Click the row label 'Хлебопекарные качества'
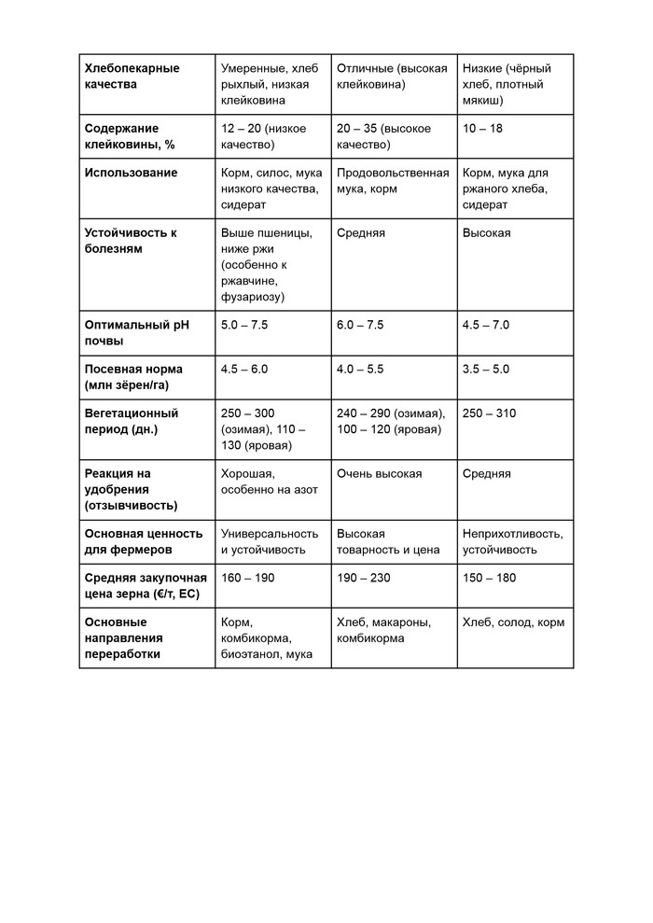[132, 77]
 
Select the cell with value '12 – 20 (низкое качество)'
[263, 136]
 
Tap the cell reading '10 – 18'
[482, 129]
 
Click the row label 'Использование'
[131, 174]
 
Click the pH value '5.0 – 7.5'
[244, 326]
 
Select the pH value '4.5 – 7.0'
[486, 326]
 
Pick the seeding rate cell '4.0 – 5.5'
[360, 370]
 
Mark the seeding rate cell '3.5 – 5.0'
[486, 370]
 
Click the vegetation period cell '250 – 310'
[489, 413]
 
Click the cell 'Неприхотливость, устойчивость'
[512, 542]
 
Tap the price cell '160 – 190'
[248, 579]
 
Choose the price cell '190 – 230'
[364, 579]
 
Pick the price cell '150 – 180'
[489, 579]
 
